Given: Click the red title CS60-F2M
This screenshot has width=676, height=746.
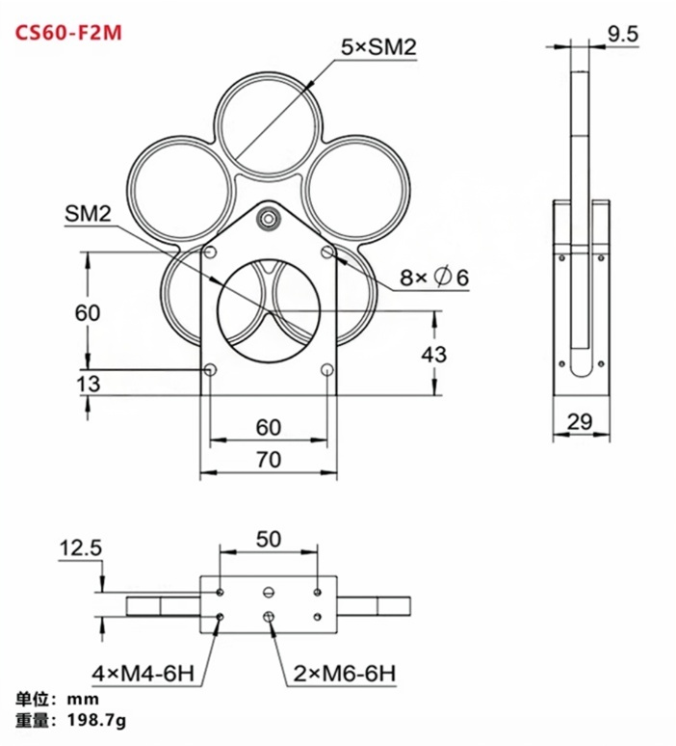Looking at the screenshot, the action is tap(68, 33).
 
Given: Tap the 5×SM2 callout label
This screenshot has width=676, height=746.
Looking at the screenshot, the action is tap(378, 46).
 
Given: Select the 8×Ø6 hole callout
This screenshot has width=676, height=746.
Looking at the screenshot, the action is tap(434, 277).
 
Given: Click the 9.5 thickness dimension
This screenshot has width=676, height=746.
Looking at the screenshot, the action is tap(622, 34).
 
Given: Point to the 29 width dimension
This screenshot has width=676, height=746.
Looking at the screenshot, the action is tap(581, 421).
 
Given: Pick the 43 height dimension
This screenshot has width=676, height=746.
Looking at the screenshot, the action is tap(434, 355).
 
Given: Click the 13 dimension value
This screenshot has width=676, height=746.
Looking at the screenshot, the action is tap(88, 384).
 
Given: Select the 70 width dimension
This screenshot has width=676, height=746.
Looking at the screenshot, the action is tap(269, 460).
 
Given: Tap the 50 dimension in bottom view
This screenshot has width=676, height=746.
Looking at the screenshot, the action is tap(269, 539).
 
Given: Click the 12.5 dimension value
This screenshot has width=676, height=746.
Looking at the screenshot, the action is tap(81, 548).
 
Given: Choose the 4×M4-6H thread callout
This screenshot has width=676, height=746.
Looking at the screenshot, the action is tap(143, 674).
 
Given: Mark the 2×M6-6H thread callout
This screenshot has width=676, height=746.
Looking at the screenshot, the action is tap(344, 674).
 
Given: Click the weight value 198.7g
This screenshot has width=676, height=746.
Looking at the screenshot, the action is tap(97, 721).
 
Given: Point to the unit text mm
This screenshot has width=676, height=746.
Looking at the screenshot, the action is tap(83, 700).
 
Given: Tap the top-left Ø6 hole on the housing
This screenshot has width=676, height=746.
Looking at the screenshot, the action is tap(210, 253).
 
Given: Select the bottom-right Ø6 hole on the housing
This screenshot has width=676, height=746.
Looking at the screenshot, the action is tap(327, 370).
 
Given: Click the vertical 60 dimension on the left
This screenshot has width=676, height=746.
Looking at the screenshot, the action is tap(88, 312).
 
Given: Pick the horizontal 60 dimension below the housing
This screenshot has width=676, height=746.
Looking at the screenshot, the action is tap(269, 427).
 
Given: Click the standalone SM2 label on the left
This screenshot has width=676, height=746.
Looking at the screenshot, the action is tap(88, 214).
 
